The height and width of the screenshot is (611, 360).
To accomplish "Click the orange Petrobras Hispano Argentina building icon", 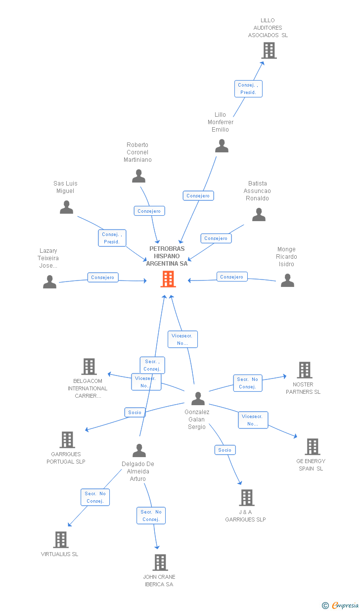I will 168,279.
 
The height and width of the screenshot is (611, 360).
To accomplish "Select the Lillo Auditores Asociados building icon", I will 269,50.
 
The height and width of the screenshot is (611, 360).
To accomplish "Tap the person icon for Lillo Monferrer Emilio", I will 222,146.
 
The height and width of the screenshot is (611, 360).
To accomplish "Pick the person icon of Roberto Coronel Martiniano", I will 138,176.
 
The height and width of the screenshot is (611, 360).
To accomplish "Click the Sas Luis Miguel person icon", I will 66,207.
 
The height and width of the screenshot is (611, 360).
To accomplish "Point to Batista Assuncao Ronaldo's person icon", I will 259,215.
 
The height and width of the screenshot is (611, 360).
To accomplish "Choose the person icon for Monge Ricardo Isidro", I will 287,281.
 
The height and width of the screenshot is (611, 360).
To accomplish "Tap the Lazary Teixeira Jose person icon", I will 49,282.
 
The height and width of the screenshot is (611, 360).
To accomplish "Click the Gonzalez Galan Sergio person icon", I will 198,398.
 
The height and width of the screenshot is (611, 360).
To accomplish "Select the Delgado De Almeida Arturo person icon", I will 139,451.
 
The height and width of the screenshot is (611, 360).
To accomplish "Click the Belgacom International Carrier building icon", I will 89,367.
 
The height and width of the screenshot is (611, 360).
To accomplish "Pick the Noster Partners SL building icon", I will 304,370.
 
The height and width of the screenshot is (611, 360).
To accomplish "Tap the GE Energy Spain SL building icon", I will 312,447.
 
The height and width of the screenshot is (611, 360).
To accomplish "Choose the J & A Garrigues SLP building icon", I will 246,498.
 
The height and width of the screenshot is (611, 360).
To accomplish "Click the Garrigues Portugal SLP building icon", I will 67,440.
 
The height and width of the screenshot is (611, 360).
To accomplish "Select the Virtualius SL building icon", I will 61,540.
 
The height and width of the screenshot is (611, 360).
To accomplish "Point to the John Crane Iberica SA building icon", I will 160,563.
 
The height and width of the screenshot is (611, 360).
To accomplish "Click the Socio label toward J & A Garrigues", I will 225,450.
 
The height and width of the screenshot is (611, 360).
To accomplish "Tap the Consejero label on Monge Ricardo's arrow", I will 231,277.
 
